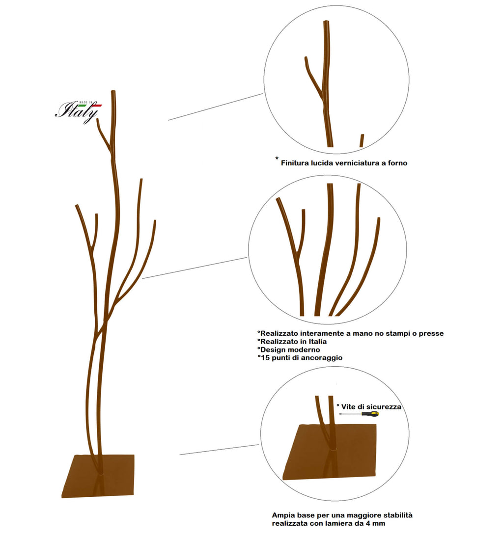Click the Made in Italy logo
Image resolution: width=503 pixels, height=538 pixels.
click(x=79, y=111)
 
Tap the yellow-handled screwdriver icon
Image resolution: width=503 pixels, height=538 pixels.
click(x=359, y=414)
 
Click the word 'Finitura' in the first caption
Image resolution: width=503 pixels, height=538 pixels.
click(x=295, y=163)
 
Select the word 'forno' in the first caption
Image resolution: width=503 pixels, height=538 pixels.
click(x=397, y=163)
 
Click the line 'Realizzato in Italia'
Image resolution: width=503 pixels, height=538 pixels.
click(x=292, y=341)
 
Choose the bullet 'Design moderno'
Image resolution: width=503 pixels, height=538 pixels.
click(x=289, y=350)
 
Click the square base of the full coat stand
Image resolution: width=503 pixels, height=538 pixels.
click(x=98, y=476)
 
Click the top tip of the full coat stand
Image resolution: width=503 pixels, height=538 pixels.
click(x=113, y=91)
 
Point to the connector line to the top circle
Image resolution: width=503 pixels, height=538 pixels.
click(x=215, y=107)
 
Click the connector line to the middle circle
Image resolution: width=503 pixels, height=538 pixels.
click(x=195, y=268)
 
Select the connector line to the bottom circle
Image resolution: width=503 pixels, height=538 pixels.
click(x=219, y=450)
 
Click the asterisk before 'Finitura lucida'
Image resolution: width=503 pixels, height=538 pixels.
click(x=277, y=158)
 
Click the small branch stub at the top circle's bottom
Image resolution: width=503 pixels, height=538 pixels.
click(x=362, y=141)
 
